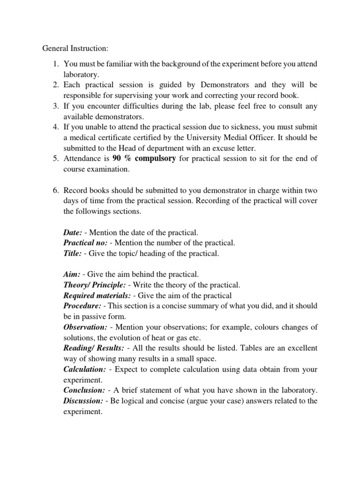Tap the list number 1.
tap(54, 63)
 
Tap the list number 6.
tap(54, 191)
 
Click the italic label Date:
tap(73, 233)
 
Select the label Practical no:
tap(85, 243)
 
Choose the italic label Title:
tap(73, 254)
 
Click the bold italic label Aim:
tap(72, 275)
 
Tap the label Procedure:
tap(82, 306)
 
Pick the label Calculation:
tap(85, 370)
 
